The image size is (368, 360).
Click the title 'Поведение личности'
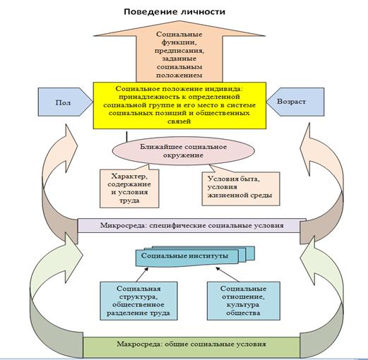point(174,12)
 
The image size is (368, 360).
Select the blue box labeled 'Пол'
point(66,102)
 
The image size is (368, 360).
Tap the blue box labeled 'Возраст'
point(295,102)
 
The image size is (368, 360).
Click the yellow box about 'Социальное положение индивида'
point(179,105)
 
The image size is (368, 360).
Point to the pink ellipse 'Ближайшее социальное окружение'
point(184,150)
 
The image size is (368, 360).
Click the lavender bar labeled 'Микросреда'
point(192,225)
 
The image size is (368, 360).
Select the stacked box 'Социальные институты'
point(195,256)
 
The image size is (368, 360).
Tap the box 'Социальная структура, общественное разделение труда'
point(138,301)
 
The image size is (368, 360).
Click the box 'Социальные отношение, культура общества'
point(244,301)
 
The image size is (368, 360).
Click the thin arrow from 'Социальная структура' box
point(142,275)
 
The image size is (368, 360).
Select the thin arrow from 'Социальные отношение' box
point(227,275)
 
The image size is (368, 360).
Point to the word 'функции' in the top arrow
point(179,42)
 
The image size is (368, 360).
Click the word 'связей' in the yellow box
point(179,121)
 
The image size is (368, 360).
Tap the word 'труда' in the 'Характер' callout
point(129,200)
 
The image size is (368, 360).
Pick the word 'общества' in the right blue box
point(243,313)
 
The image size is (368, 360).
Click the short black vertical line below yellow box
point(127,137)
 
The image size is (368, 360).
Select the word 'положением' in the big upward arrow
point(179,76)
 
